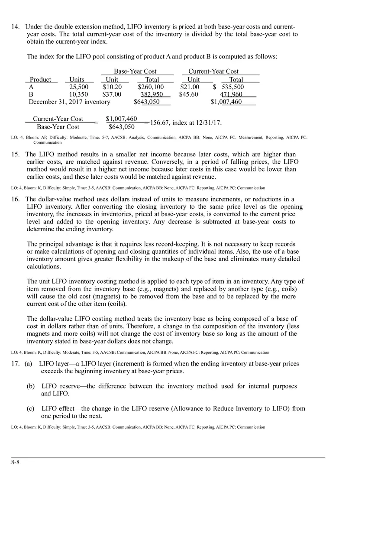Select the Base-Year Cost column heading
[x=135, y=71]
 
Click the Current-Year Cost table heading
[x=213, y=71]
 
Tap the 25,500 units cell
[x=79, y=87]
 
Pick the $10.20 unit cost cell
[x=112, y=87]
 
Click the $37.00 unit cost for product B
[x=112, y=94]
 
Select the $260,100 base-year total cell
[x=151, y=87]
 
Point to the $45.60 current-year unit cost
[x=189, y=94]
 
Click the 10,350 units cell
[x=79, y=94]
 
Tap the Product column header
[x=40, y=80]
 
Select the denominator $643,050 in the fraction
[x=121, y=127]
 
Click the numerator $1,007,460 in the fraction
[x=121, y=119]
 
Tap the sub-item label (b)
[x=31, y=386]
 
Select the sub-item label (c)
[x=31, y=409]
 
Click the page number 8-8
[x=15, y=462]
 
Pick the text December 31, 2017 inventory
[x=69, y=102]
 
